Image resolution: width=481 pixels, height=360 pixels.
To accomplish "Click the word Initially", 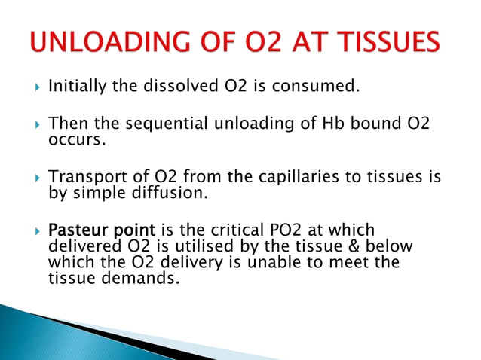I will pyautogui.click(x=78, y=87).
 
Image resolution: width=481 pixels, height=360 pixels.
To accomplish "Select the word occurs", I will pyautogui.click(x=73, y=139).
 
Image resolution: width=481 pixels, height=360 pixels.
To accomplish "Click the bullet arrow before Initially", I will pyautogui.click(x=35, y=87).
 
